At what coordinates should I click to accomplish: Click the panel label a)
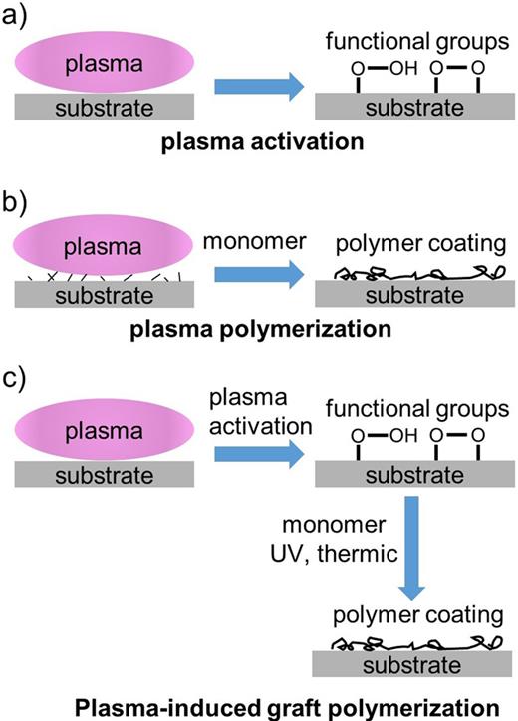[18, 17]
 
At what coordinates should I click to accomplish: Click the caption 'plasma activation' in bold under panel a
[259, 141]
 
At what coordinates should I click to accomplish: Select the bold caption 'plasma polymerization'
[259, 329]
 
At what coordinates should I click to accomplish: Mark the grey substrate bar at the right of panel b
[415, 295]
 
